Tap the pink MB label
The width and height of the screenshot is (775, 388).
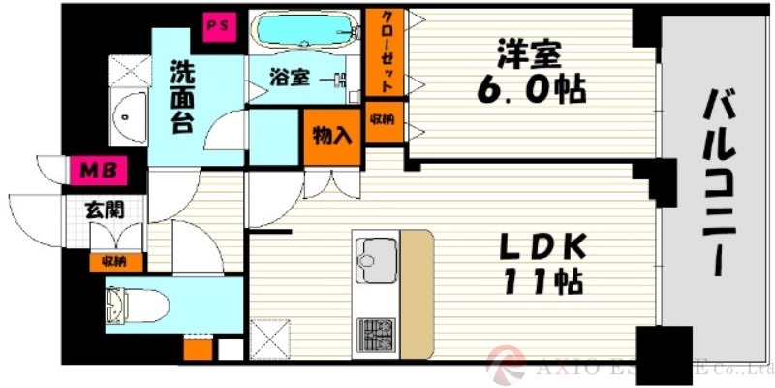tap(97, 172)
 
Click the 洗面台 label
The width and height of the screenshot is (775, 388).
tap(181, 99)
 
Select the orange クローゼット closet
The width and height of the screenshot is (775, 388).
tap(386, 54)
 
